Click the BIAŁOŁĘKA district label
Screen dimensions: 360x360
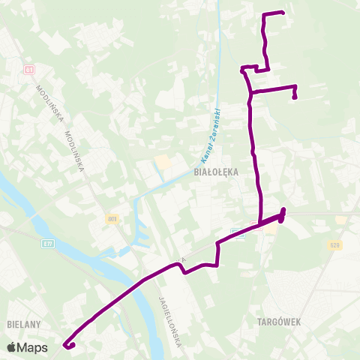[x=215, y=171]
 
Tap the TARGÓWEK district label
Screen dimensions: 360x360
[x=278, y=322]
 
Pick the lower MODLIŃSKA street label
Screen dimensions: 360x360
[x=75, y=150]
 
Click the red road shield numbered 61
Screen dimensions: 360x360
[x=29, y=70]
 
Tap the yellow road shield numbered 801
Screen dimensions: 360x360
[x=112, y=218]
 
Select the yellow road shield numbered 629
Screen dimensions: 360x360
[x=334, y=244]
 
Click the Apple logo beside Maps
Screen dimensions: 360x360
[x=12, y=347]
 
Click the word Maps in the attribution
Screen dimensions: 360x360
[x=33, y=347]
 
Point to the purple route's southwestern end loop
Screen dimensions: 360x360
[x=70, y=345]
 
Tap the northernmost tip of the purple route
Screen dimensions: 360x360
[x=282, y=12]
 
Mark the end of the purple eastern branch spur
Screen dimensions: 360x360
[x=295, y=96]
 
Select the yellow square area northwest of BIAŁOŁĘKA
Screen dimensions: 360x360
[x=162, y=162]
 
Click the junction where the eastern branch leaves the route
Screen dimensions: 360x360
[x=250, y=91]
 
